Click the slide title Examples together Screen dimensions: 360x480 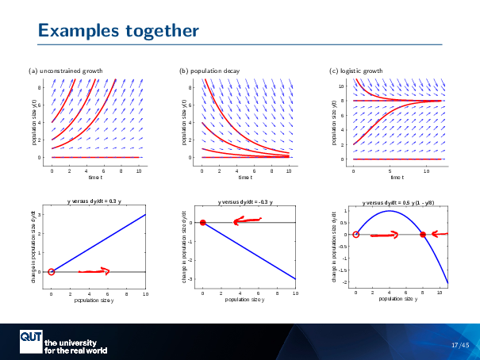click(x=118, y=31)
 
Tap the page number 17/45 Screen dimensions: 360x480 click(x=460, y=345)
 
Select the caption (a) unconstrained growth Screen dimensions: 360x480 click(x=65, y=71)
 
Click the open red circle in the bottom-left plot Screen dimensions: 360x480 click(x=52, y=272)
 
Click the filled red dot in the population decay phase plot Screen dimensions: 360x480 click(x=202, y=223)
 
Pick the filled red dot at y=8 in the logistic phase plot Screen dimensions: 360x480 click(x=423, y=235)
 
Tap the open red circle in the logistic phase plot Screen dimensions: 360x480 click(x=356, y=235)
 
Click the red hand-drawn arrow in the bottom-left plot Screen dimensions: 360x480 click(x=94, y=271)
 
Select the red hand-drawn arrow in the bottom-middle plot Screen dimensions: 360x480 click(x=248, y=220)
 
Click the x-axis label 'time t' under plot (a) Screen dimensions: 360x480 click(x=96, y=178)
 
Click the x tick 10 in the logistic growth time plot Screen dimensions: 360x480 click(x=427, y=170)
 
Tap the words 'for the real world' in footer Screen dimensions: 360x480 click(x=76, y=350)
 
